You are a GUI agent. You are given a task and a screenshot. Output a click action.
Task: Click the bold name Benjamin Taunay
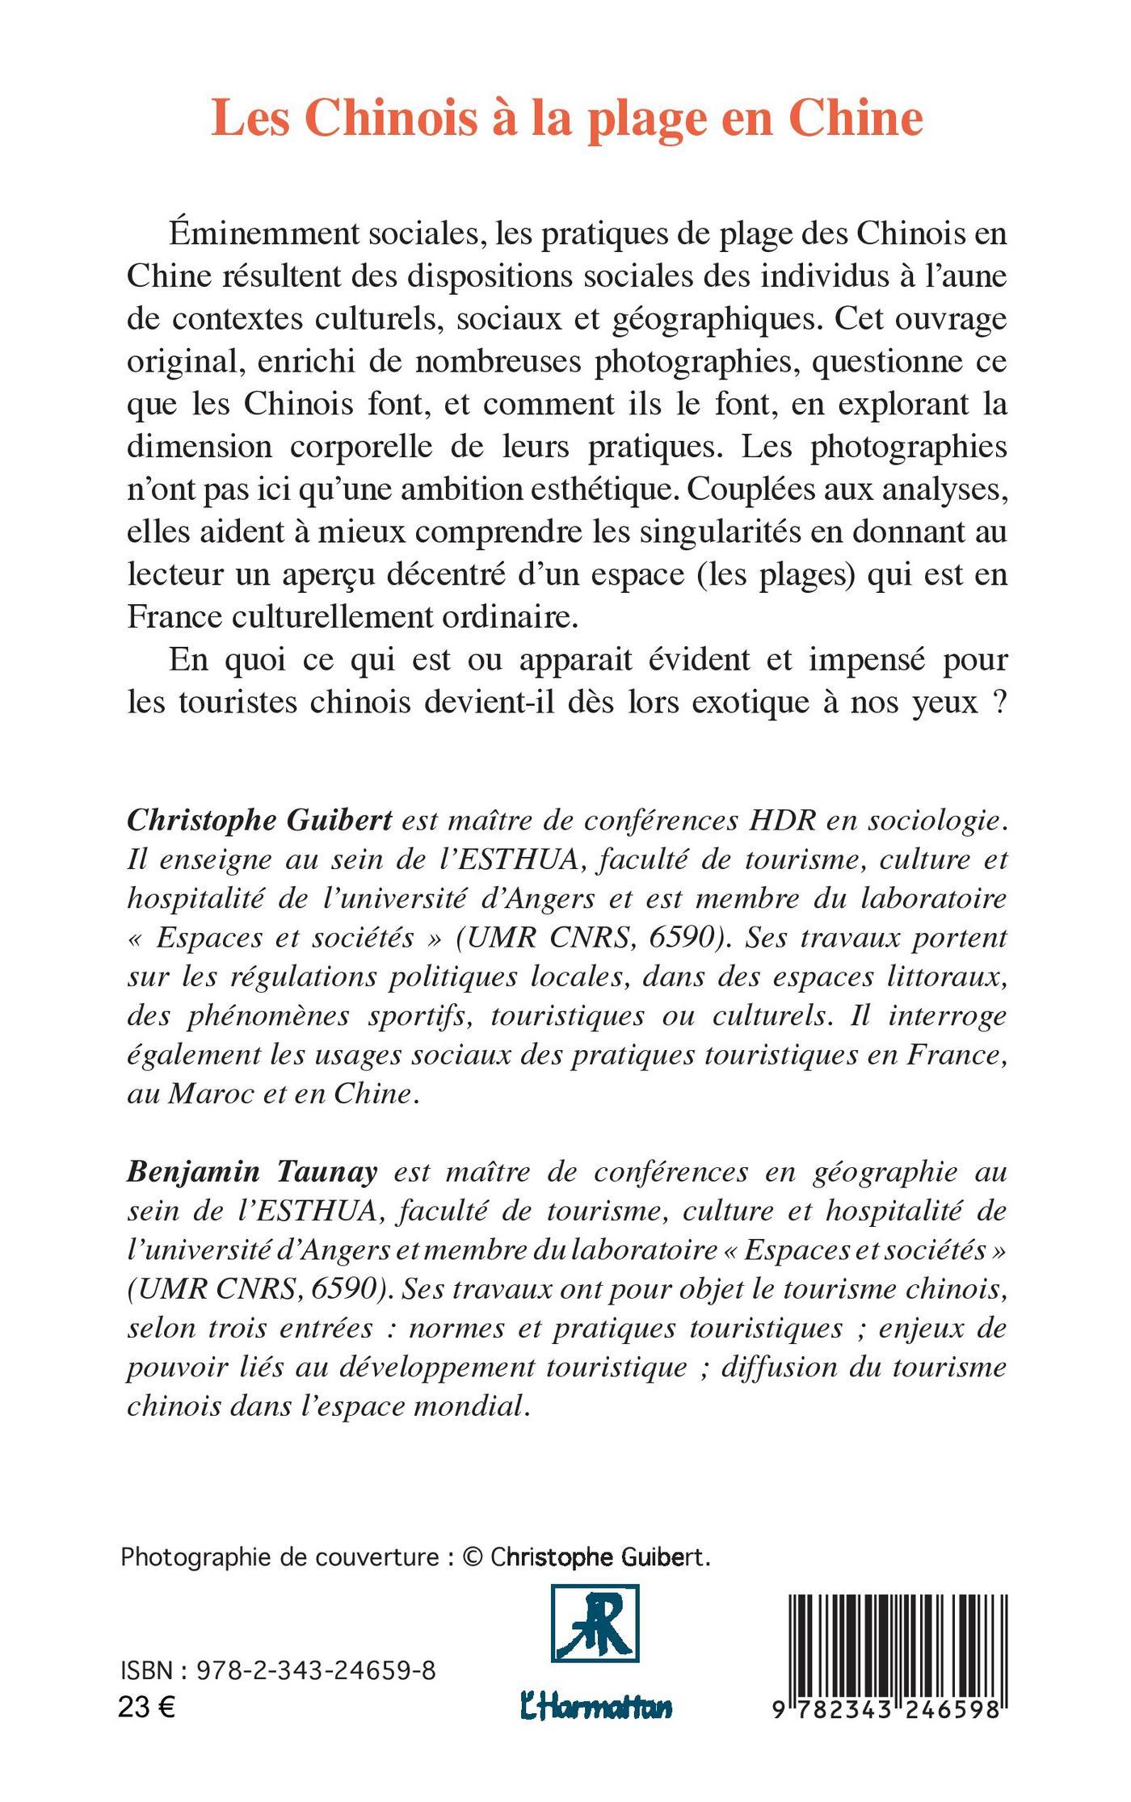[x=252, y=1171]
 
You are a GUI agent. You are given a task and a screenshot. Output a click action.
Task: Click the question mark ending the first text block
[x=1000, y=703]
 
